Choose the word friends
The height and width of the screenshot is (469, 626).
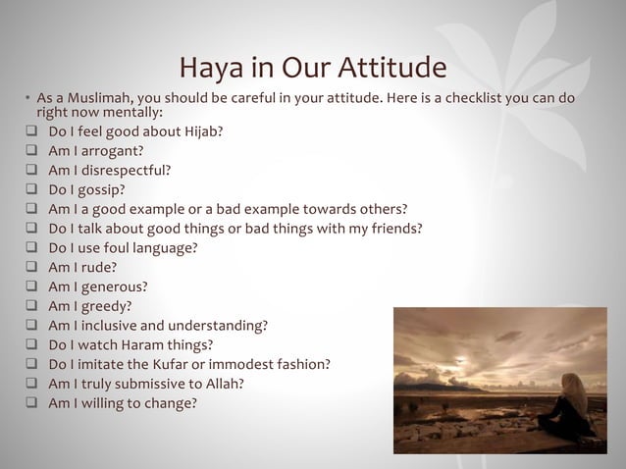(392, 229)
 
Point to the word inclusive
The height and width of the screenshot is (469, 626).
(107, 325)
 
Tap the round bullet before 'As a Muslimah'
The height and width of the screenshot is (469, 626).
(28, 99)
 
